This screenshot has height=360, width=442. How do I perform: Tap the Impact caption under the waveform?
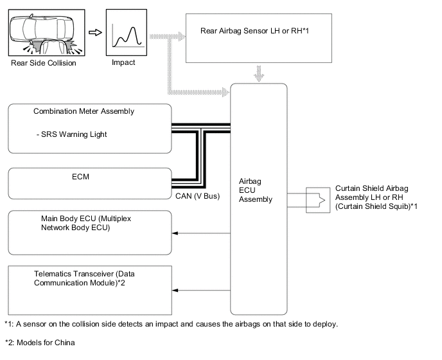point(123,62)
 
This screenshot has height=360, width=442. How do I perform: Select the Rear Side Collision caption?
point(44,63)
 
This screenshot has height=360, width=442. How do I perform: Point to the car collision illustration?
point(46,32)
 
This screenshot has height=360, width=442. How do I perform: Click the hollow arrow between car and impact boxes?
point(95,32)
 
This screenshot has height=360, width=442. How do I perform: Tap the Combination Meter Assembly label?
point(84,111)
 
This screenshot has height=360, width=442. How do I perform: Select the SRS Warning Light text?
point(71,134)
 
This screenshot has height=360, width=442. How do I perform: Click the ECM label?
point(80,177)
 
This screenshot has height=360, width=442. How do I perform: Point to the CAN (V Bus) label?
point(197,196)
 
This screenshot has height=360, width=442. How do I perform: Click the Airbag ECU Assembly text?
point(256,190)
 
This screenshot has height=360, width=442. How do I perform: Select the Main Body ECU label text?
point(86,223)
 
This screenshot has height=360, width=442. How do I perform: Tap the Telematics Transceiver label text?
point(84,278)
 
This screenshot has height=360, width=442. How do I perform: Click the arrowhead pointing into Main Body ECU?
point(175,233)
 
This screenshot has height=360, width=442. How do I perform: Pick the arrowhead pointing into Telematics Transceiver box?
point(175,290)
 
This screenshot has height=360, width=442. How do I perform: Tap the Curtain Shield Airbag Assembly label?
point(376,197)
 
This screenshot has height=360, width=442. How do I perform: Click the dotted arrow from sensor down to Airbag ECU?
point(259,73)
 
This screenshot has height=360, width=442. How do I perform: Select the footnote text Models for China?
point(46,343)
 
